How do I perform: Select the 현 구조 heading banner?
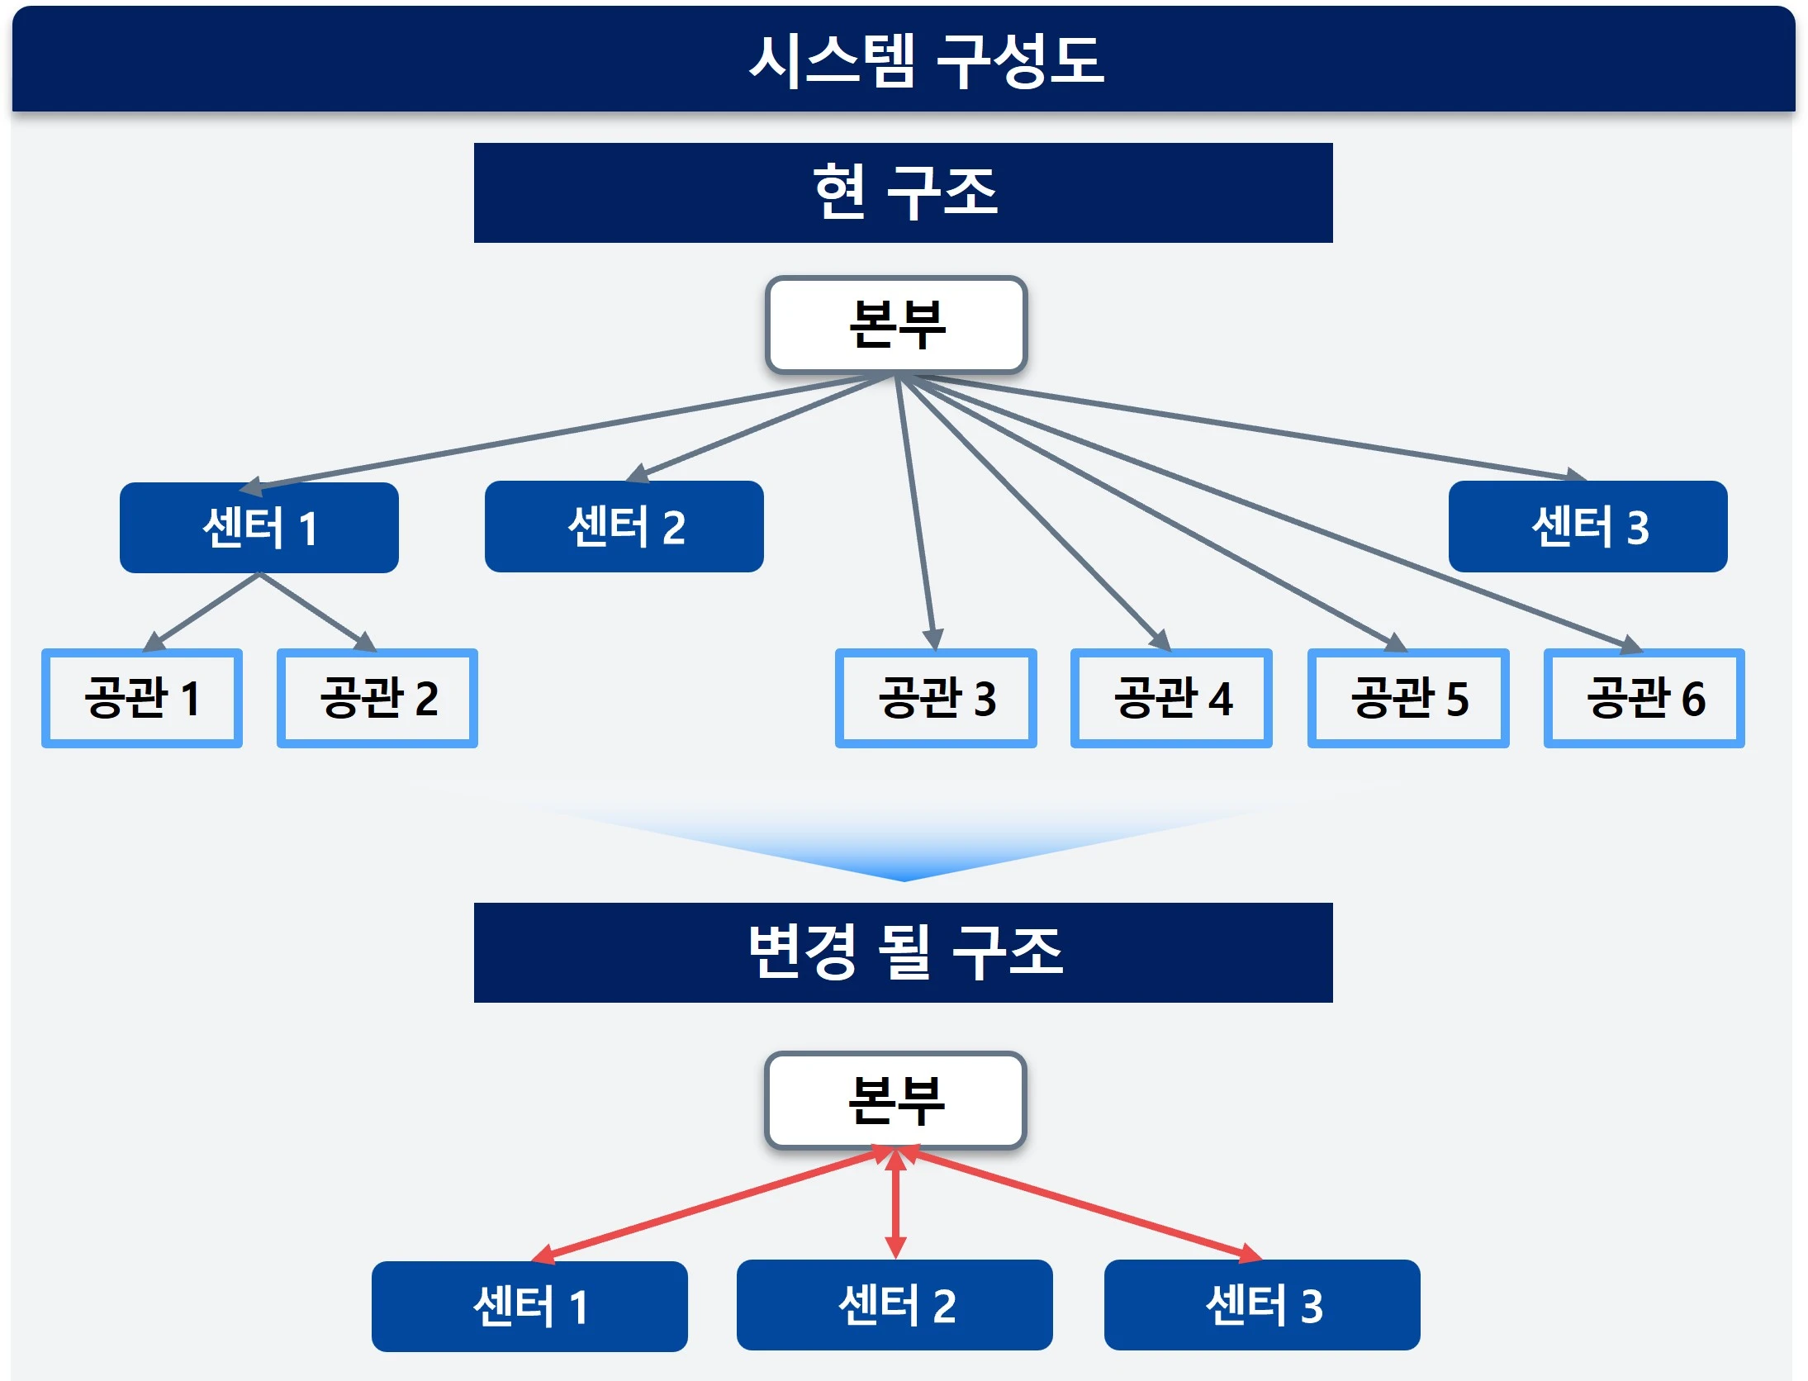tap(904, 192)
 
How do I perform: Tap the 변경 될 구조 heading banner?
tap(904, 952)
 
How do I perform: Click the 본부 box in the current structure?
tap(896, 325)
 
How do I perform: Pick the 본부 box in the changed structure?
tap(896, 1100)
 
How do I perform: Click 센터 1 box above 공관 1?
tap(259, 528)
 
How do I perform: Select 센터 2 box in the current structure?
tap(624, 527)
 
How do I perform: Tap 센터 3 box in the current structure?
tap(1587, 527)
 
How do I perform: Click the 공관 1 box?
tap(142, 698)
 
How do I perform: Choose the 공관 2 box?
tap(377, 698)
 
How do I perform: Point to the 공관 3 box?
tap(936, 698)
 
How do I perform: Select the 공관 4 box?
tap(1171, 698)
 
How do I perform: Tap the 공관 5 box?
tap(1408, 698)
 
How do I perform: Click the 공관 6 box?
tap(1644, 698)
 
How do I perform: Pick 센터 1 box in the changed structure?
tap(529, 1306)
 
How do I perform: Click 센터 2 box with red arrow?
tap(895, 1305)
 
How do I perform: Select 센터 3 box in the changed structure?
tap(1262, 1305)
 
